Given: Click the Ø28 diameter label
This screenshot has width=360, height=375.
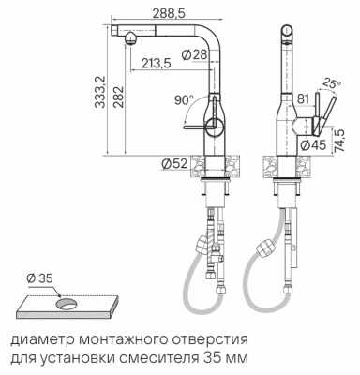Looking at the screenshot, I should click(x=193, y=54).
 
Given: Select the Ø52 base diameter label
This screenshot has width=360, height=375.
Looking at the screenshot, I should click(x=173, y=164).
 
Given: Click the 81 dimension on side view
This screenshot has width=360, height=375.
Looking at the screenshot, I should click(x=303, y=96).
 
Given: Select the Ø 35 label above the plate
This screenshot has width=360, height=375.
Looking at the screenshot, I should click(x=40, y=277).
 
